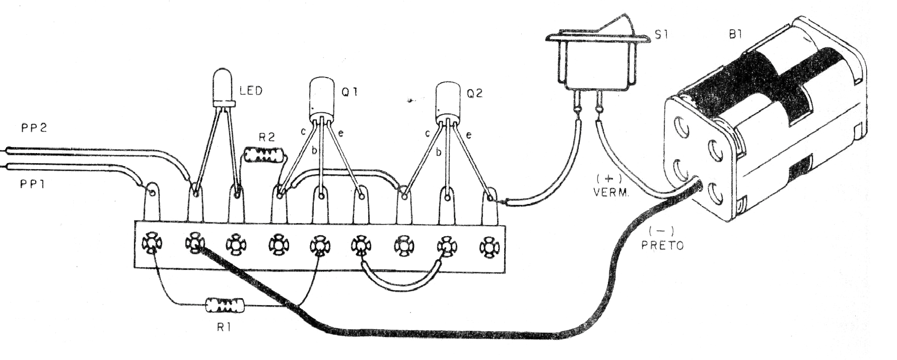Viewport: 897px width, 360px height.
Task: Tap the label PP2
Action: click(x=33, y=127)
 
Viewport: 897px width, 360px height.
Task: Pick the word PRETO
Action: click(x=662, y=247)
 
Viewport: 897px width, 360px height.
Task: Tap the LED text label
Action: click(x=251, y=92)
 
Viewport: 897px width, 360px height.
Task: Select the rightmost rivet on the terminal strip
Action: click(x=488, y=247)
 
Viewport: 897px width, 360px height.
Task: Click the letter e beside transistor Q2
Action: click(x=469, y=135)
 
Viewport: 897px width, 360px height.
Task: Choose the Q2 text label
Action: click(x=475, y=94)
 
